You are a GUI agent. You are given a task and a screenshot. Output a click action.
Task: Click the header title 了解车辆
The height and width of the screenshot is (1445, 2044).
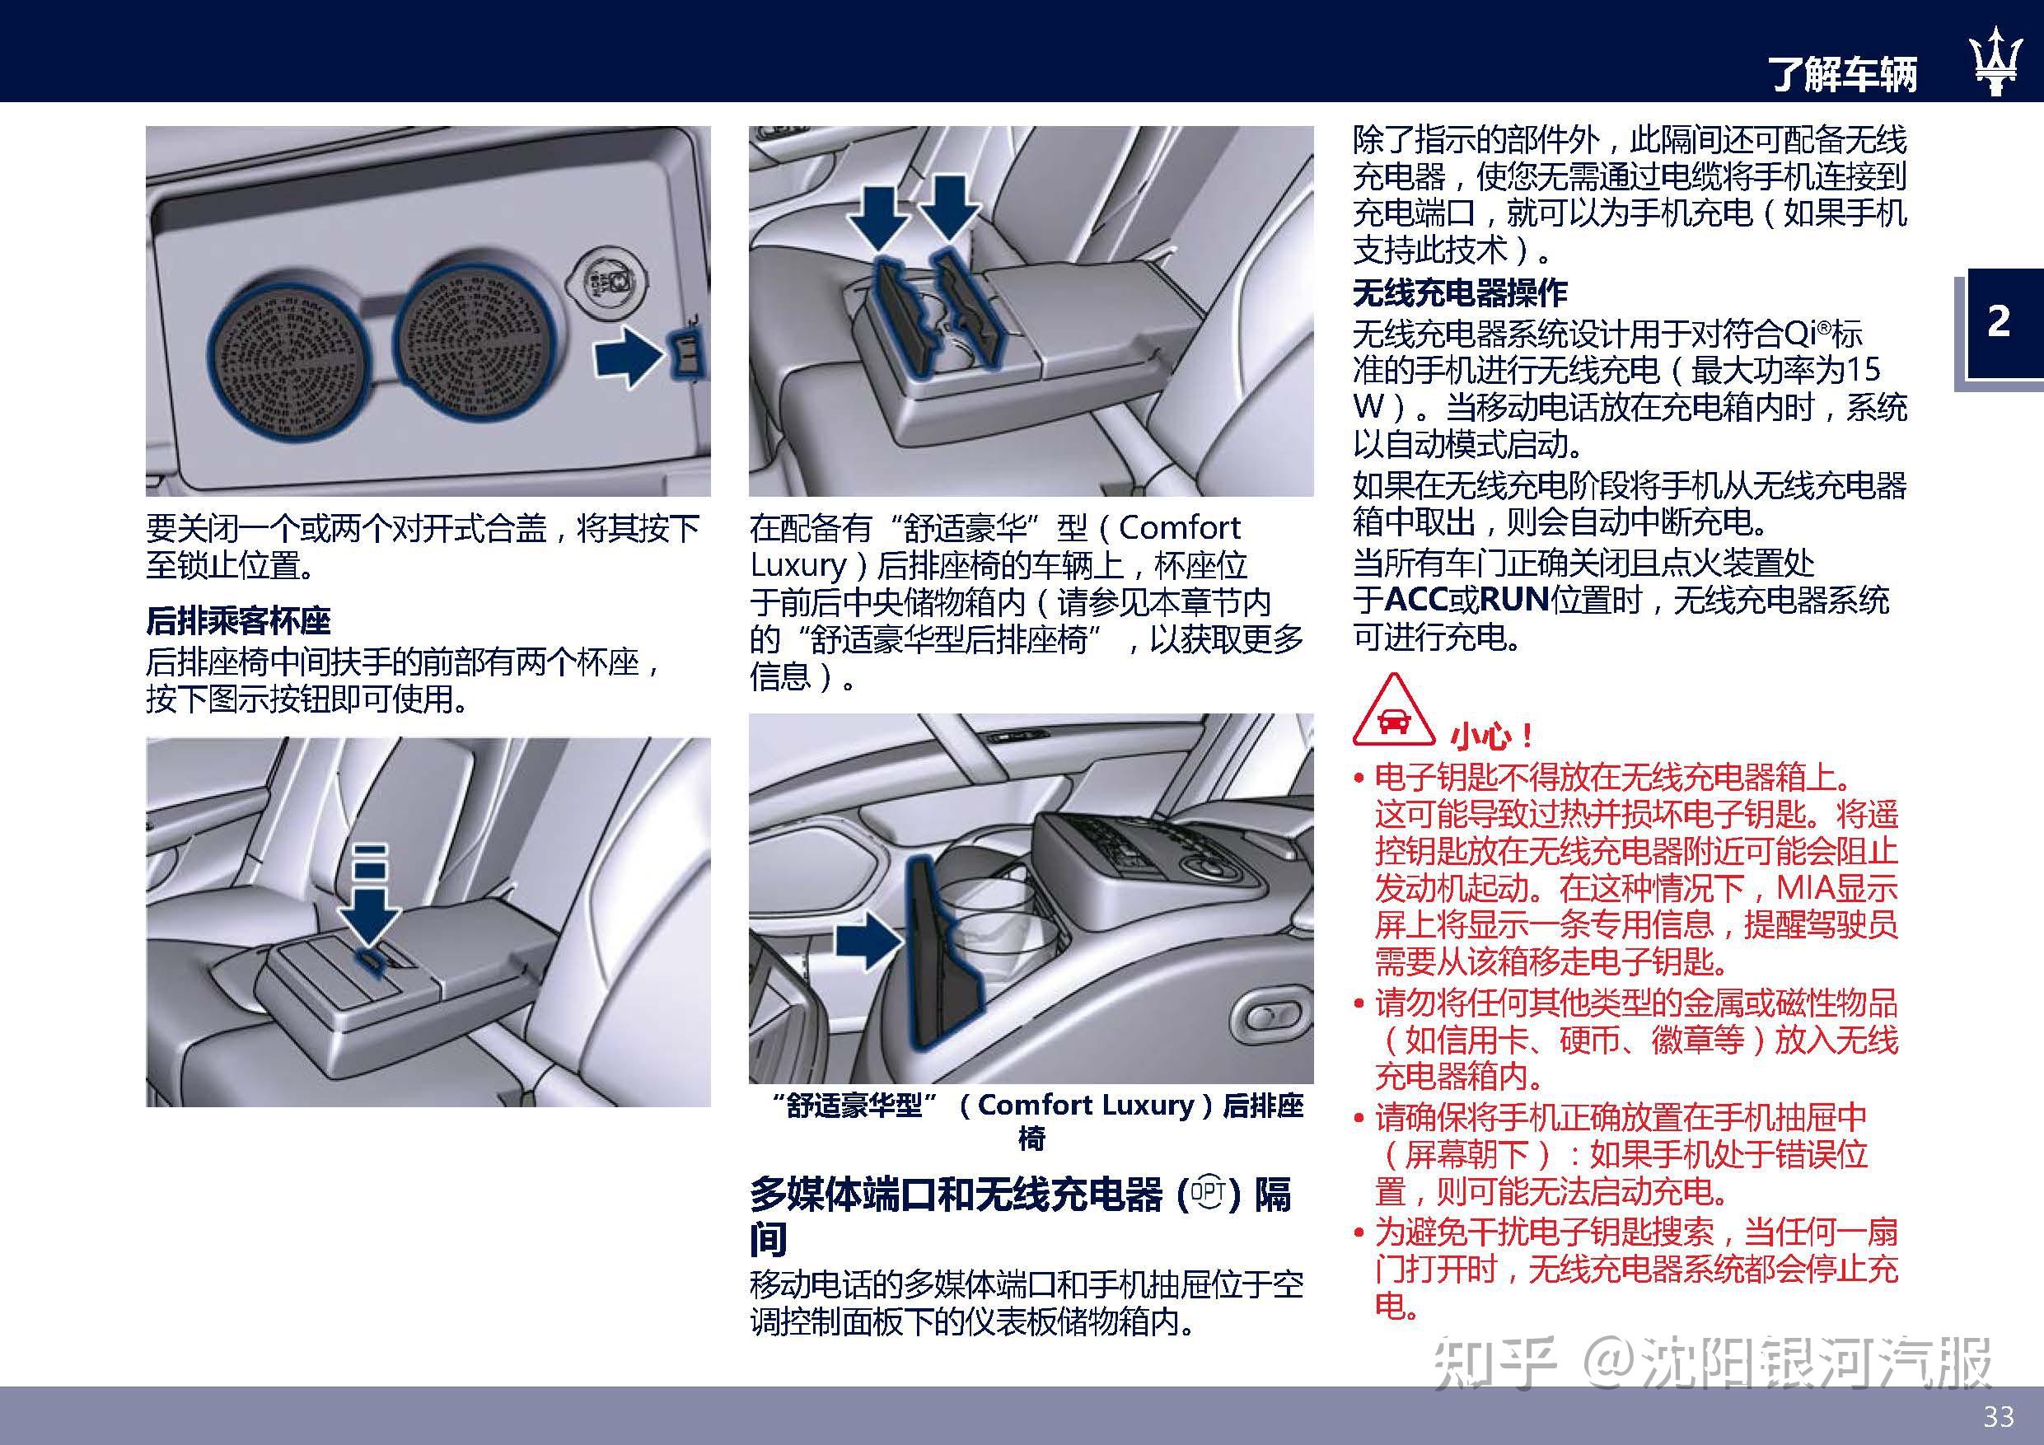(x=1843, y=74)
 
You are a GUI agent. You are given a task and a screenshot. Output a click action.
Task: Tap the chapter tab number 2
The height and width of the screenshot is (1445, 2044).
(x=1999, y=321)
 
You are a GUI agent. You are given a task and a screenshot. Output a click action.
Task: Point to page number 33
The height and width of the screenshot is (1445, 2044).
(x=1999, y=1415)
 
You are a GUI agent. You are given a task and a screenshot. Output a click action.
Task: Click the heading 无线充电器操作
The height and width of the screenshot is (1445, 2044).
(x=1460, y=293)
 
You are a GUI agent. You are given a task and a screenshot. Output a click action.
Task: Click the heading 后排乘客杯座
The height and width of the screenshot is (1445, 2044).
(x=239, y=620)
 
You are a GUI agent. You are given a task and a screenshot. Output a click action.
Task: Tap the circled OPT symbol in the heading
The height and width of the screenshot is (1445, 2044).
(x=1208, y=1193)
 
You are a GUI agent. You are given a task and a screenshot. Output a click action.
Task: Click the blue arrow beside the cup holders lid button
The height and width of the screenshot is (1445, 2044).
(x=629, y=356)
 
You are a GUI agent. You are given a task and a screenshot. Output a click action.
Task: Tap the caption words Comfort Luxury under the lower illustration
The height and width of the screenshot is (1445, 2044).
(x=1085, y=1105)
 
